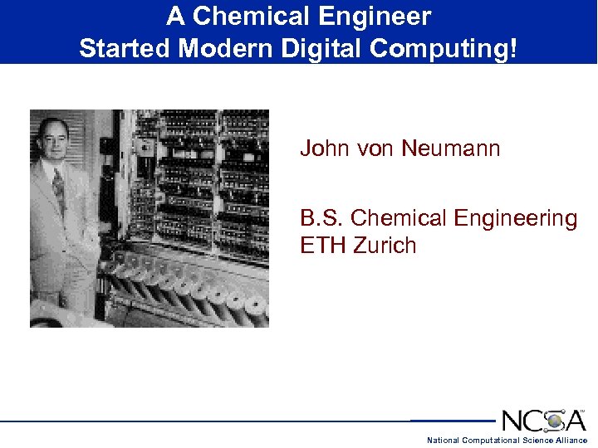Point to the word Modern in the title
pyautogui.click(x=223, y=48)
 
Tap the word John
pyautogui.click(x=325, y=149)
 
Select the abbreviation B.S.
pyautogui.click(x=321, y=218)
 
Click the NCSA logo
pyautogui.click(x=544, y=419)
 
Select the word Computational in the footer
pyautogui.click(x=491, y=441)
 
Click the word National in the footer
pyautogui.click(x=443, y=441)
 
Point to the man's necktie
pyautogui.click(x=59, y=189)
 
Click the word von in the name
pyautogui.click(x=377, y=149)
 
